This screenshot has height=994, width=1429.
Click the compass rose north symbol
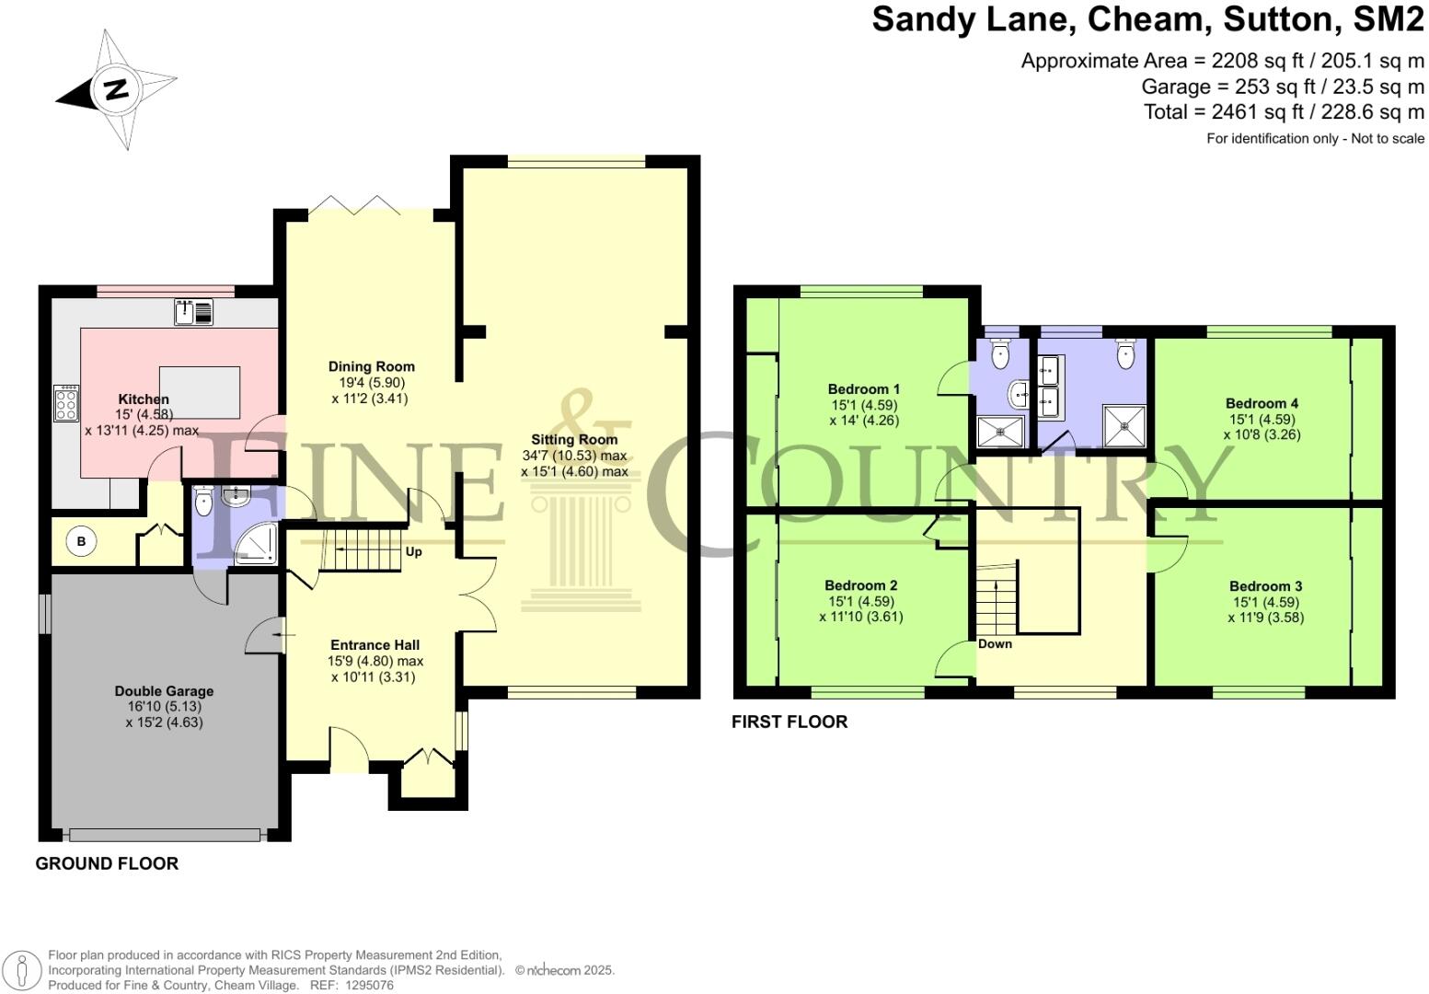115,90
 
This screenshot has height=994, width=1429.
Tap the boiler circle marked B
81,542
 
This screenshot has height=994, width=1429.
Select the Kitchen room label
144,399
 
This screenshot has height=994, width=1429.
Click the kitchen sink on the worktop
193,312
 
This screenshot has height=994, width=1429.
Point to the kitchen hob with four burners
66,403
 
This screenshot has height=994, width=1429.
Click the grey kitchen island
200,394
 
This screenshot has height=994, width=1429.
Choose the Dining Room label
371,366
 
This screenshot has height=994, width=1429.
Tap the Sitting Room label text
574,440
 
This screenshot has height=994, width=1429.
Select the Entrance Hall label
375,645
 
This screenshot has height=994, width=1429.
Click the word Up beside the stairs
414,552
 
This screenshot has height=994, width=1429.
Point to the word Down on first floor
995,644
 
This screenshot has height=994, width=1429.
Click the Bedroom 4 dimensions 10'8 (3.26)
1262,434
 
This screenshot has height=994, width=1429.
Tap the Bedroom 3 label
1265,586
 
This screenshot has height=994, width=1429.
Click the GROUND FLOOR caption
107,863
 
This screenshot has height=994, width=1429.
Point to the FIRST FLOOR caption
789,722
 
